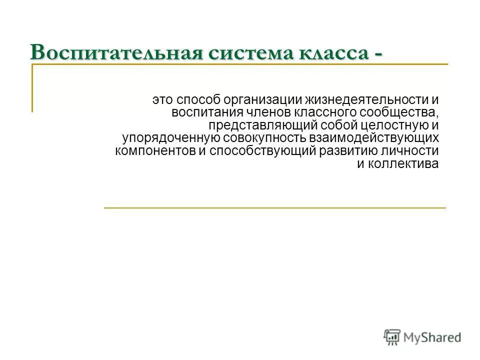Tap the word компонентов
pos(155,151)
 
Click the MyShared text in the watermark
pos(433,338)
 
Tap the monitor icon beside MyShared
pos(392,337)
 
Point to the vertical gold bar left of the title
pos(32,87)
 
